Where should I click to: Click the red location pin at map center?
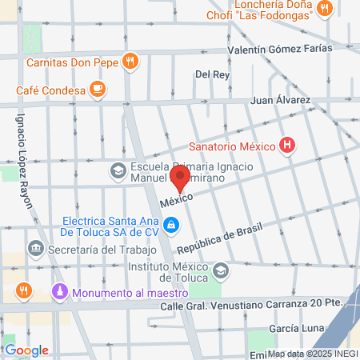[x=180, y=178]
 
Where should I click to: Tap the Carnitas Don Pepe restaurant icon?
[x=130, y=61]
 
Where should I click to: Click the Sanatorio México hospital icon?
[x=287, y=146]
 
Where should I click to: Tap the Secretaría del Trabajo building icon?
[x=35, y=248]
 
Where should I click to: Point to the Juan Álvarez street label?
[x=280, y=100]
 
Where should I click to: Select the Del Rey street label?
[x=213, y=74]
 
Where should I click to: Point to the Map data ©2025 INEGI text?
[x=310, y=354]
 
